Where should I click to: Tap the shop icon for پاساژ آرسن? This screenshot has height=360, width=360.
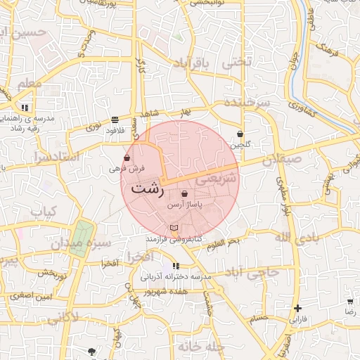[x=185, y=194]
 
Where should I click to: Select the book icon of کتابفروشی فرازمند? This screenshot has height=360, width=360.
[x=174, y=228]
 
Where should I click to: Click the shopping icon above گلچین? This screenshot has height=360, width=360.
[x=240, y=134]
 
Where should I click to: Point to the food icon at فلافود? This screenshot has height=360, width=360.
[x=115, y=120]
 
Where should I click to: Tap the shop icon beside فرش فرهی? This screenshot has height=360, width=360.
[x=127, y=158]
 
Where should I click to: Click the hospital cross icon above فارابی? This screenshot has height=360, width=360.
[x=298, y=308]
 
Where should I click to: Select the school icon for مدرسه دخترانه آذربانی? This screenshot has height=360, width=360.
[x=176, y=266]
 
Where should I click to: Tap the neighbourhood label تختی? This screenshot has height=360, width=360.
[x=236, y=62]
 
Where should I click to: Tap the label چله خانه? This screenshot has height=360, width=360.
[x=200, y=347]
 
